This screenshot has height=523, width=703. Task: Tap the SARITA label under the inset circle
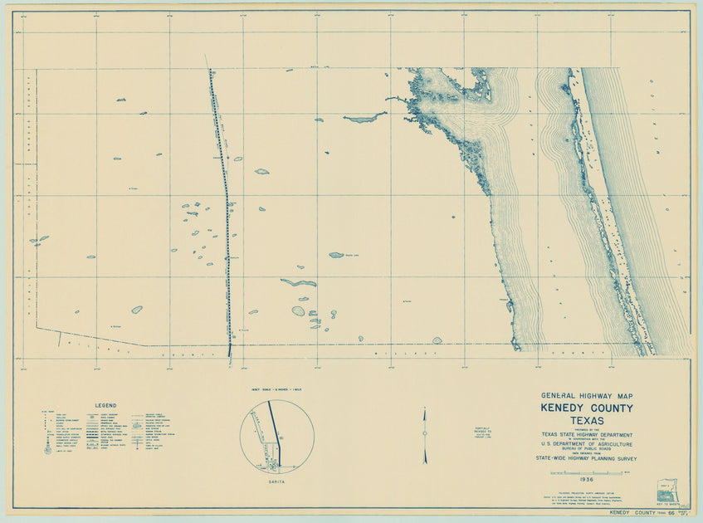277,480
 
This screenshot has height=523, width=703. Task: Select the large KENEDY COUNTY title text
587,408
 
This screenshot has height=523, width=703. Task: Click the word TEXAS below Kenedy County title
587,421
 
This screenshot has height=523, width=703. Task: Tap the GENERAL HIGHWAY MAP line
587,396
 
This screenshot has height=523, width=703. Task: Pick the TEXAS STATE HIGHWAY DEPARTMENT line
587,435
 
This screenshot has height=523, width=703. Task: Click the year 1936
587,480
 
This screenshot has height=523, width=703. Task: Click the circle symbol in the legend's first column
47,450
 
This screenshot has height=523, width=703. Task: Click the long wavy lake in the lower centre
298,283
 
